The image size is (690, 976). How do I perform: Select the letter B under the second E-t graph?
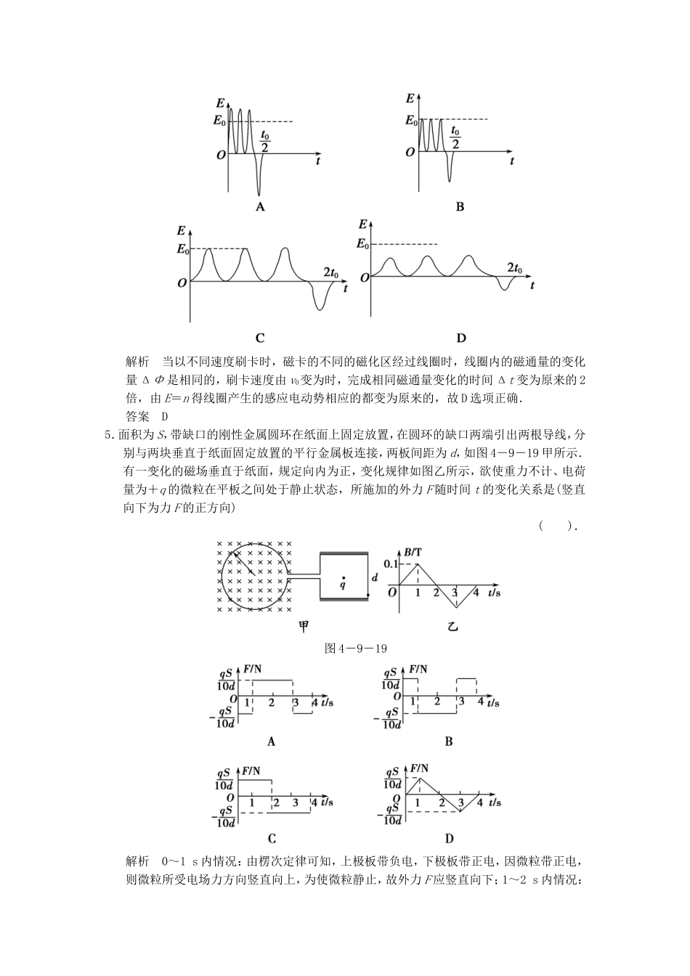click(x=460, y=207)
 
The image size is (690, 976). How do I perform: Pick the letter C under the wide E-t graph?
click(x=259, y=338)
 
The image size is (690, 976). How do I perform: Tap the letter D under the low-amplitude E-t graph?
click(x=460, y=338)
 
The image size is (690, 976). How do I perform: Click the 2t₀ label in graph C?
click(x=330, y=274)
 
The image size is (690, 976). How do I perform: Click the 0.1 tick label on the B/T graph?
click(x=391, y=564)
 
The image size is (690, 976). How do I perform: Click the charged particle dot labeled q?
click(x=342, y=579)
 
